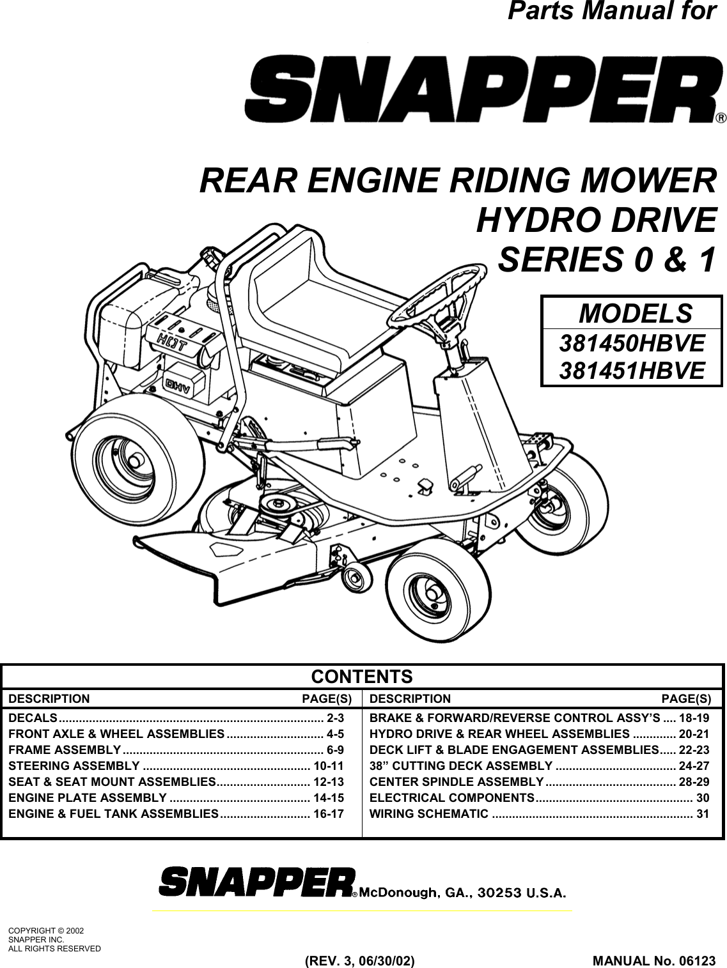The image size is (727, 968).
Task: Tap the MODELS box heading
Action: click(x=634, y=314)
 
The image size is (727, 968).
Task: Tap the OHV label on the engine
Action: click(x=182, y=383)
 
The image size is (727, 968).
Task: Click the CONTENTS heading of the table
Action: click(x=362, y=677)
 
